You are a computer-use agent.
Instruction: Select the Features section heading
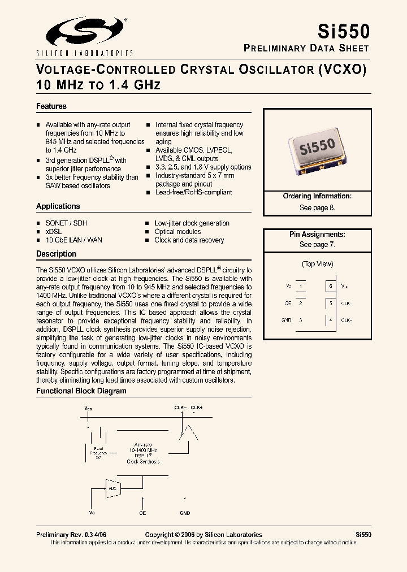tap(51, 106)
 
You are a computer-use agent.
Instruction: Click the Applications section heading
tap(58, 206)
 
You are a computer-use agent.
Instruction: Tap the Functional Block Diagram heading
tap(81, 391)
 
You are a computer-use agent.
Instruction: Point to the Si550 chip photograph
tap(317, 148)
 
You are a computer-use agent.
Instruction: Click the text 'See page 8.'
tap(317, 207)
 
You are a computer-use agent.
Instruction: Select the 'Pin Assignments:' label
tap(317, 234)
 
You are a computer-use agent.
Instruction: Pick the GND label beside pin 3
tap(287, 320)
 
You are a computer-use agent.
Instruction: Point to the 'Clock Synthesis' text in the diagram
tap(143, 461)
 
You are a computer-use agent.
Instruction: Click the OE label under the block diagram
tap(142, 513)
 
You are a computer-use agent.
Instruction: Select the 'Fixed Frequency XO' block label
tap(98, 453)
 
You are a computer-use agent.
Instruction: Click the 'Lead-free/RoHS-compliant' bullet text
tap(193, 192)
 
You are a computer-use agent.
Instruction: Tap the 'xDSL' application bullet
tap(54, 232)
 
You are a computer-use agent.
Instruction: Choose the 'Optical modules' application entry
tap(177, 232)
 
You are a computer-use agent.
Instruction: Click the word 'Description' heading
tap(57, 254)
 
